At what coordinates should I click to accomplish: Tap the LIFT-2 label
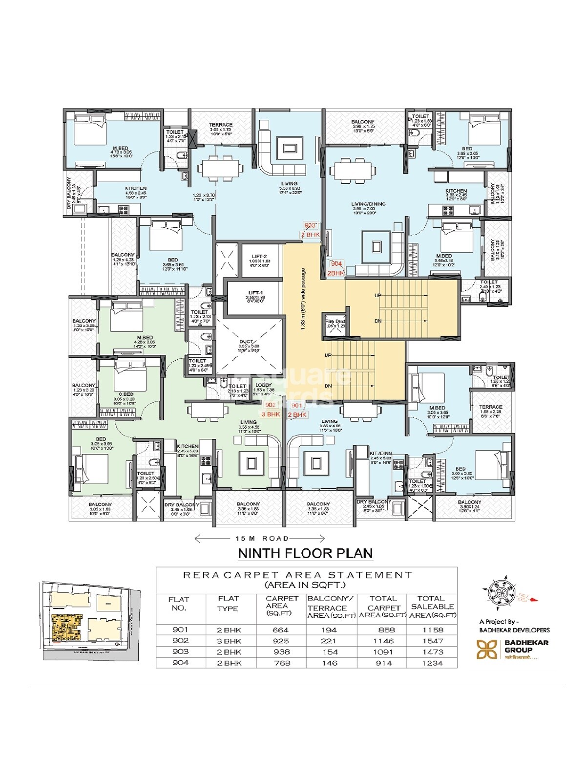259,256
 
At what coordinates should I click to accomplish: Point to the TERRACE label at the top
221,125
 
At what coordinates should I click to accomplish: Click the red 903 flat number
310,225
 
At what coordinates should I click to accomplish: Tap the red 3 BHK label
271,414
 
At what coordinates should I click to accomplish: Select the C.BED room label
126,394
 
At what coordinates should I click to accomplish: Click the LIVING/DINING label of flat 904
369,204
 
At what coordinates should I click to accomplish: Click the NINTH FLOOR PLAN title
305,553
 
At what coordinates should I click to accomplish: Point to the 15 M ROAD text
262,539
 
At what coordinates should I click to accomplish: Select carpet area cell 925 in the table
281,641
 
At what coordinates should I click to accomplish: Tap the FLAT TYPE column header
228,603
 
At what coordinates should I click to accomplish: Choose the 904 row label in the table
180,663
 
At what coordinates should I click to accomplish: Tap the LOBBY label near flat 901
264,385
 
